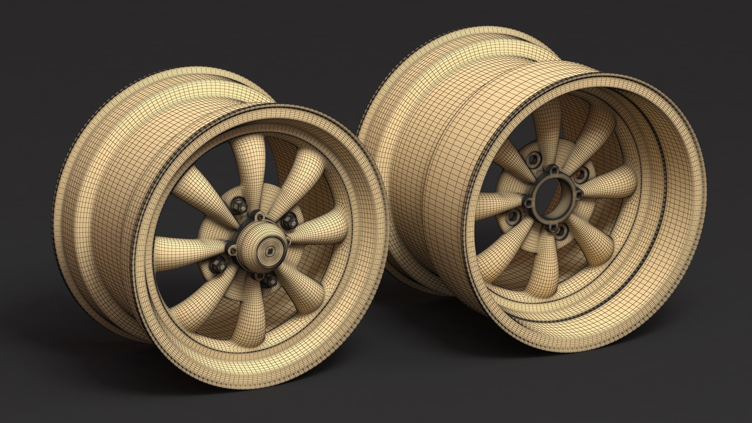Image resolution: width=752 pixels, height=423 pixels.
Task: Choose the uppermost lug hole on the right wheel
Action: (534, 159)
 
